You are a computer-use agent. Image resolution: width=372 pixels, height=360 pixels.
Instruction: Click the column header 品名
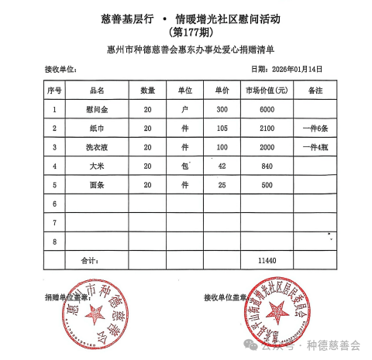click(x=97, y=91)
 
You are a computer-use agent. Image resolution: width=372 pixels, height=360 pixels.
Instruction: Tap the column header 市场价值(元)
click(x=267, y=91)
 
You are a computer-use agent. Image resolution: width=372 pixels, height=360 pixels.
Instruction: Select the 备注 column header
click(x=315, y=91)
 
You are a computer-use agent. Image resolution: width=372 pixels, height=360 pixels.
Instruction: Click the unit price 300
click(x=222, y=109)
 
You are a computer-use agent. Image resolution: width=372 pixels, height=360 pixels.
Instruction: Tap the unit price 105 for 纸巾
click(x=222, y=129)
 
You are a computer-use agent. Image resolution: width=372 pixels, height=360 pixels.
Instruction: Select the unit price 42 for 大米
click(x=222, y=166)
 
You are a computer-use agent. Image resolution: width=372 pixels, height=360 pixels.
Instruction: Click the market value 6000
click(x=267, y=109)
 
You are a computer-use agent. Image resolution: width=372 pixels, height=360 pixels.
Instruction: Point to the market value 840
click(x=267, y=166)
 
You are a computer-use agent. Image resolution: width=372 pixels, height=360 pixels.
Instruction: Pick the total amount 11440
click(x=267, y=262)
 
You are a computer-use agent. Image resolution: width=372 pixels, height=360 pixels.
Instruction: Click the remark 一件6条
click(x=315, y=129)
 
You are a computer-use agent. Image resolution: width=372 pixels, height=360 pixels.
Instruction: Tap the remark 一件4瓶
click(x=315, y=147)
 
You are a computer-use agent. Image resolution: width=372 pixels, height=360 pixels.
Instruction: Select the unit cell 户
click(x=184, y=109)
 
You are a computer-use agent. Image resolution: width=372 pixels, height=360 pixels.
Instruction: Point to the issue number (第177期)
click(x=188, y=33)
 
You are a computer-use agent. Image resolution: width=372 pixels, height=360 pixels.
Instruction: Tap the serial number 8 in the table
click(x=55, y=242)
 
